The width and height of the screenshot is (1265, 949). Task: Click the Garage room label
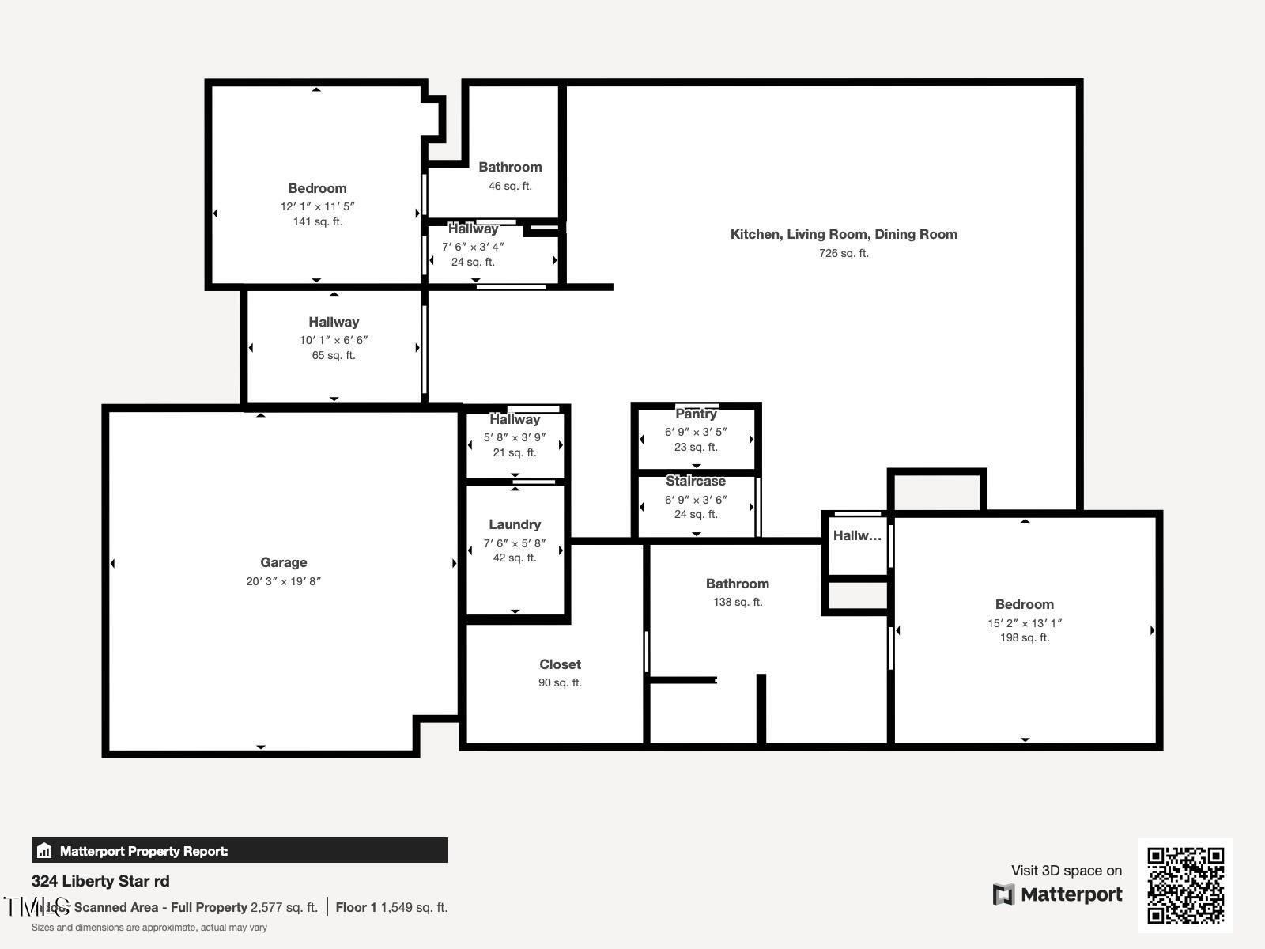point(283,562)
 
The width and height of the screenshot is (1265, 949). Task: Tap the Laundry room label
point(515,524)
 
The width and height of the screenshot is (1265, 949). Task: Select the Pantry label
point(696,414)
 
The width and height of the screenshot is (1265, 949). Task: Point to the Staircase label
point(695,481)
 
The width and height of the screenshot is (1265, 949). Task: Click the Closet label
point(560,664)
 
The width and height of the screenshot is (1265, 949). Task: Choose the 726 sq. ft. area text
point(844,253)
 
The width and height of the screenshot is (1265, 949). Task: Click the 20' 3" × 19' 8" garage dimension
point(283,581)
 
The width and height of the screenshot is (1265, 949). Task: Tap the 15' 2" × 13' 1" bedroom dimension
point(1024,623)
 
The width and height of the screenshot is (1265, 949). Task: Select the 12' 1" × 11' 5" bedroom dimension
point(317,206)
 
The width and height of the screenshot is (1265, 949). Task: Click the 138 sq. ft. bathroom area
point(737,602)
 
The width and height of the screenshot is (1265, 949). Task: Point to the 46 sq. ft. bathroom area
point(510,186)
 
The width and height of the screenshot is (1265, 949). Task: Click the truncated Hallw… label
point(856,535)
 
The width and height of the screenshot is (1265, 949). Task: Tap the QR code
point(1185,885)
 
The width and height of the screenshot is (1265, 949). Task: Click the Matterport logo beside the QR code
point(1057,894)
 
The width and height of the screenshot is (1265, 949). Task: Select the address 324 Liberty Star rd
point(100,881)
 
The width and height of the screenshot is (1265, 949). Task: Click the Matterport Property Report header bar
point(240,851)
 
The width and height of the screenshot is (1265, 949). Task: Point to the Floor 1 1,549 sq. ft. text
point(391,907)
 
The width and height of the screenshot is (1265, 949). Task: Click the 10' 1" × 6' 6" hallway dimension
point(334,340)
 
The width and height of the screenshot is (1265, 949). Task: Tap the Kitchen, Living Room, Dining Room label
point(844,234)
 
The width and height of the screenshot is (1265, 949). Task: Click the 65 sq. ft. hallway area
point(334,355)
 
